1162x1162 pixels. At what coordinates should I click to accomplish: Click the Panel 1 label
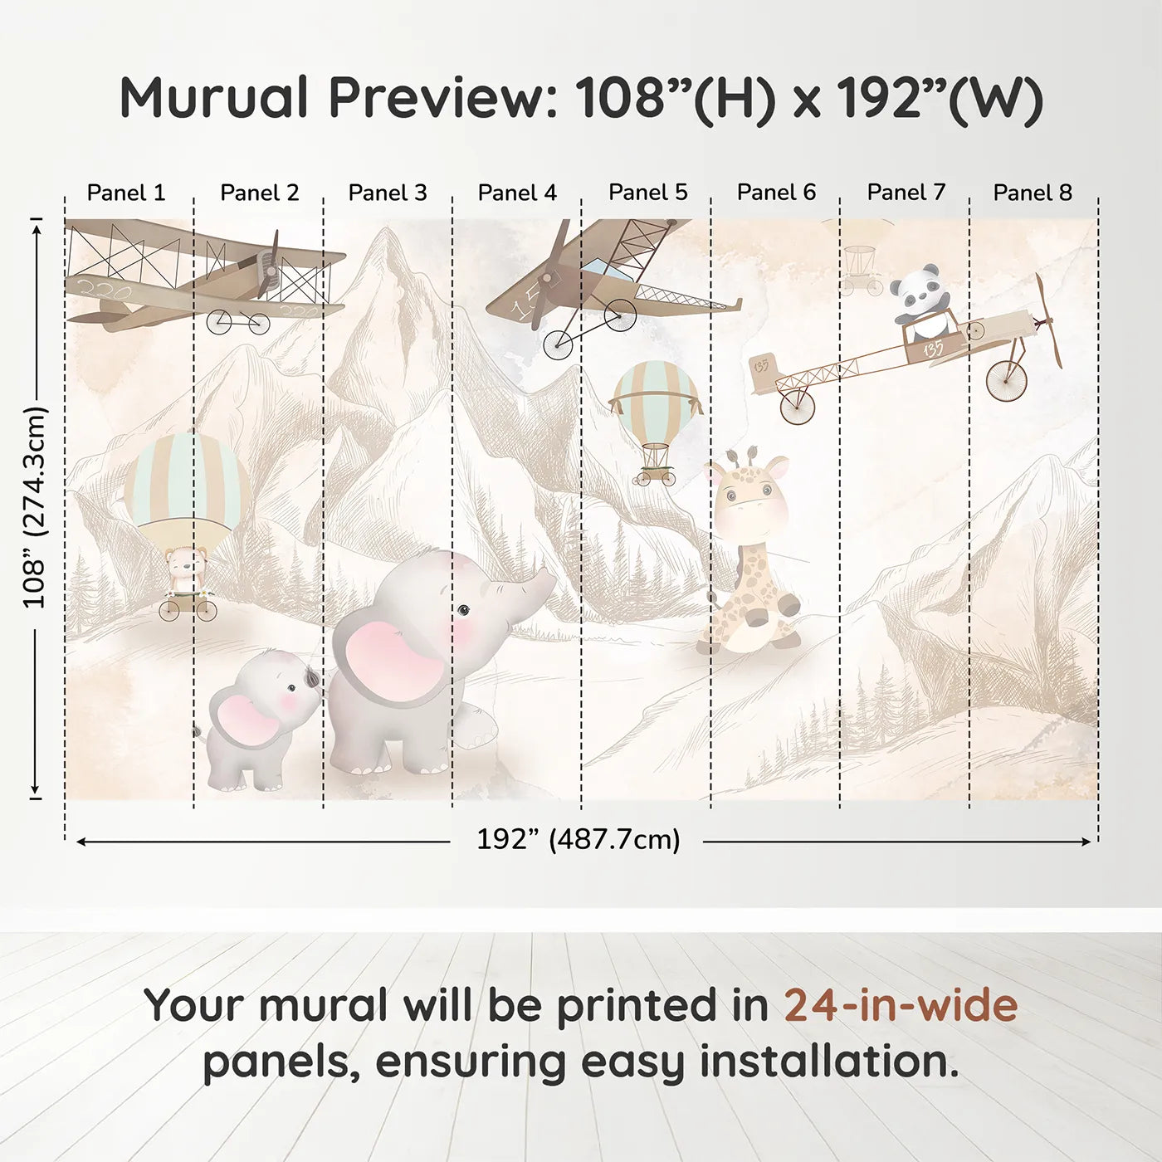point(126,193)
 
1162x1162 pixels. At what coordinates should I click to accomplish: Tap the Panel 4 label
point(517,193)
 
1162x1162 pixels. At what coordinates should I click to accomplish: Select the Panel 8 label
point(1033,193)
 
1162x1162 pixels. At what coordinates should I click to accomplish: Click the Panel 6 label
point(776,193)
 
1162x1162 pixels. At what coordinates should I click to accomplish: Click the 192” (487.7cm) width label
point(578,839)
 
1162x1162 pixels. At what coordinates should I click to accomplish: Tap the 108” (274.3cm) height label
point(35,508)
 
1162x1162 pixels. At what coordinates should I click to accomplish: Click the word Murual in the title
point(214,98)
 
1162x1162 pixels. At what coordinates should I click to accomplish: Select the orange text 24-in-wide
point(901,1005)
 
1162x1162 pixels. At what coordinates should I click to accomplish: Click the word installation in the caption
point(828,1062)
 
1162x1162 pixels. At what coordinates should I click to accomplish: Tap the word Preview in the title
point(437,98)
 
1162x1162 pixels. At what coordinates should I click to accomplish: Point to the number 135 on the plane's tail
point(760,366)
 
